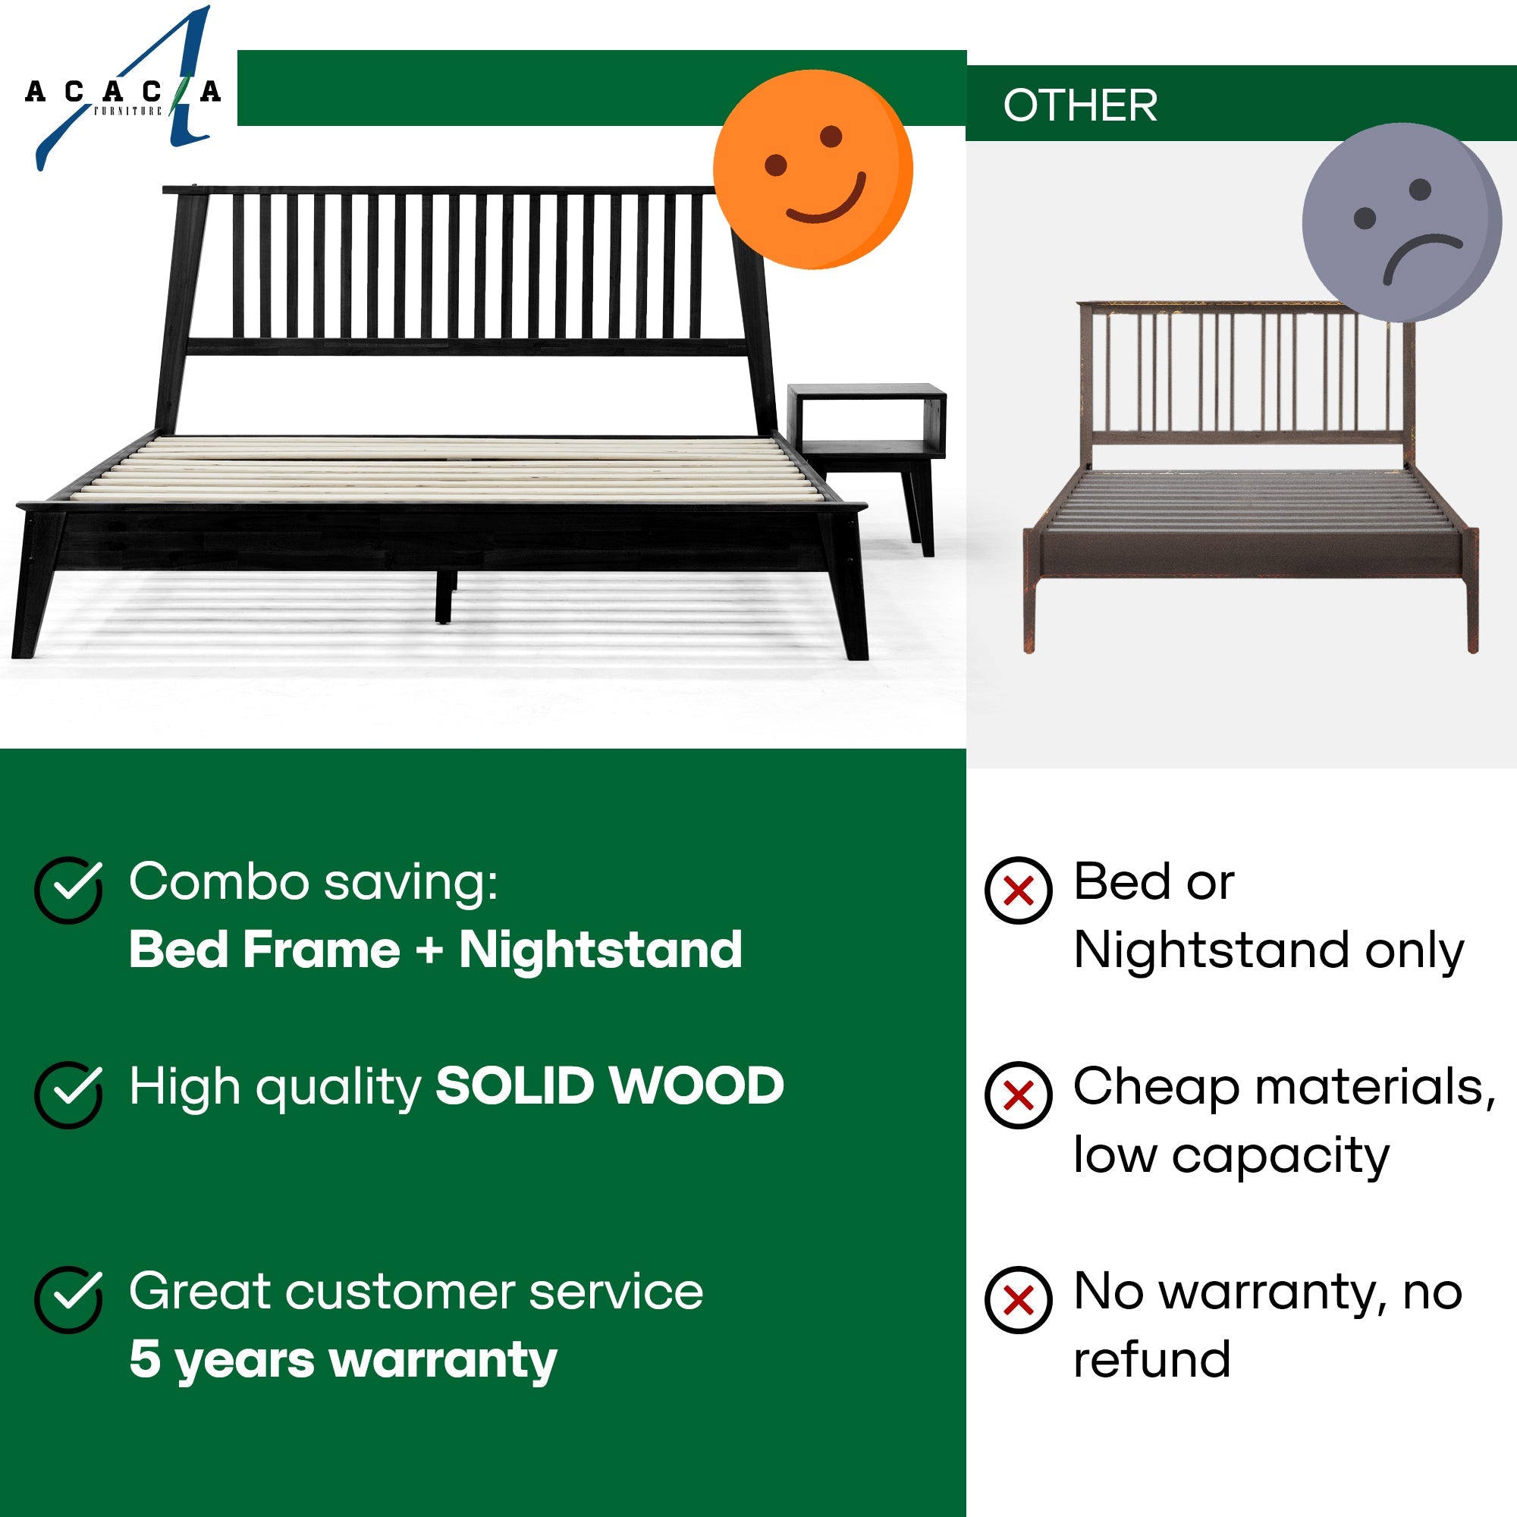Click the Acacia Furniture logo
[121, 90]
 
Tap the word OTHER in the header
[1079, 105]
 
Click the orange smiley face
[812, 170]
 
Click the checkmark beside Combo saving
[69, 889]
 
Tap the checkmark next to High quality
[69, 1095]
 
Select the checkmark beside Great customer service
[69, 1299]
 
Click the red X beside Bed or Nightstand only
[1019, 890]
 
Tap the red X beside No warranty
[1019, 1300]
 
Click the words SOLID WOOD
[609, 1087]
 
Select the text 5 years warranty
[343, 1360]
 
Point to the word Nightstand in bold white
[600, 950]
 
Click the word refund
[1151, 1360]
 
